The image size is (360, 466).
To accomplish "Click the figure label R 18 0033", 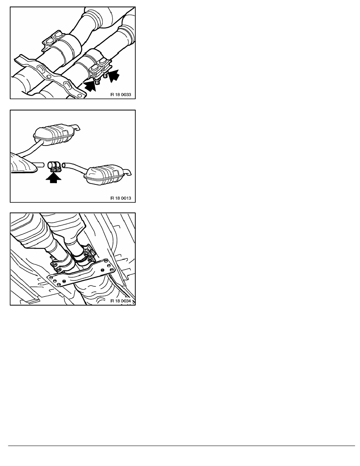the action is click(120, 95).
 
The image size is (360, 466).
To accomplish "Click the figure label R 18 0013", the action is click(120, 198).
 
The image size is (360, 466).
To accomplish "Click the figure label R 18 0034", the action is click(120, 301).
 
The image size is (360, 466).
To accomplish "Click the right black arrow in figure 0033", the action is click(113, 75).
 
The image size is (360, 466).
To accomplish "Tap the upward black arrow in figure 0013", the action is click(53, 178).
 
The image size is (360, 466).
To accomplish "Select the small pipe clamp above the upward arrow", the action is click(55, 166).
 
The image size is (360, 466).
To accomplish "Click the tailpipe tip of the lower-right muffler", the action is click(128, 172).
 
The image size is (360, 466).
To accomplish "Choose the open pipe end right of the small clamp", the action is click(64, 164).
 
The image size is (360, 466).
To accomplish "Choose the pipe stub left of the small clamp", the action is click(40, 164).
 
